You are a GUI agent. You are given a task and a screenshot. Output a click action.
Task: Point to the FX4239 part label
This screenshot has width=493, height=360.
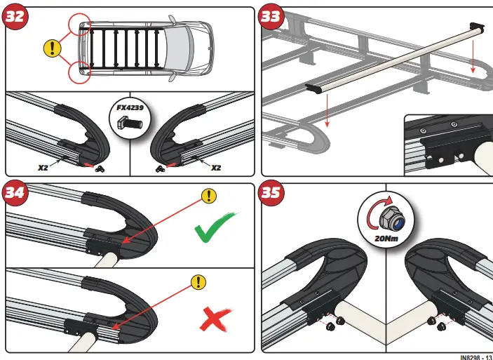[130, 109]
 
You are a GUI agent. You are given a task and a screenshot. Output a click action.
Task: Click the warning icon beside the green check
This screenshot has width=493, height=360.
[208, 196]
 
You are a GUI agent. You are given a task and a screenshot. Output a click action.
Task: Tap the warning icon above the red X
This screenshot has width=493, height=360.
[199, 282]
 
